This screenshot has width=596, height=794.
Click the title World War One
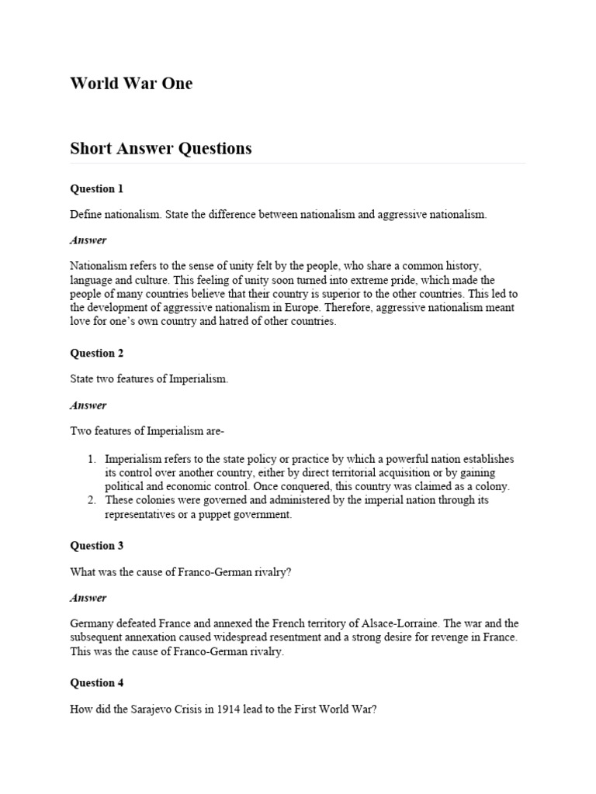[131, 84]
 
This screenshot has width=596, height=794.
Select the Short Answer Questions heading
[161, 148]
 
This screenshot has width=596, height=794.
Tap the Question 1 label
[97, 188]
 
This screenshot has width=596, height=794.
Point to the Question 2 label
[97, 353]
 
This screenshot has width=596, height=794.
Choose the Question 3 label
[97, 545]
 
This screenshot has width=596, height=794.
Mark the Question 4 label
[97, 683]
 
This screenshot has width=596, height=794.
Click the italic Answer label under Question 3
[88, 598]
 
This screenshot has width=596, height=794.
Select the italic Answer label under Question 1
[88, 240]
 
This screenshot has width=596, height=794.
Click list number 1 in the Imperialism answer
[92, 459]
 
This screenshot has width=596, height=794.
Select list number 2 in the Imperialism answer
[92, 500]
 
